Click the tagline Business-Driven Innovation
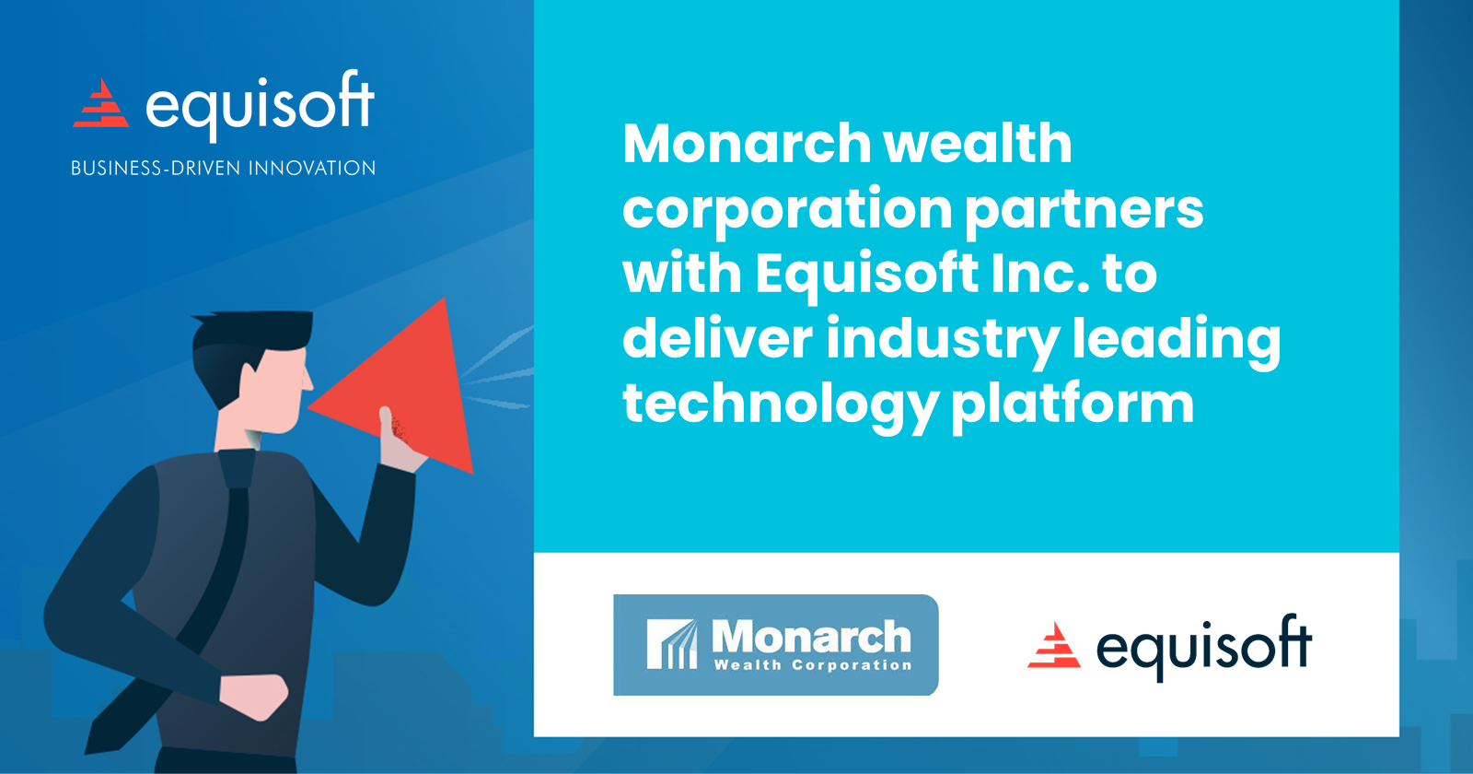pos(224,169)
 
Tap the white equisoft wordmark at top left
pos(261,106)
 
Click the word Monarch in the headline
pos(747,144)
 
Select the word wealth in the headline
pos(978,144)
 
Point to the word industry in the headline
pos(943,339)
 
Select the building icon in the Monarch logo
pos(672,644)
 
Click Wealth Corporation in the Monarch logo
pos(813,665)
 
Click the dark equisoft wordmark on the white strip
pos(1203,647)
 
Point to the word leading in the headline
pos(1177,339)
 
